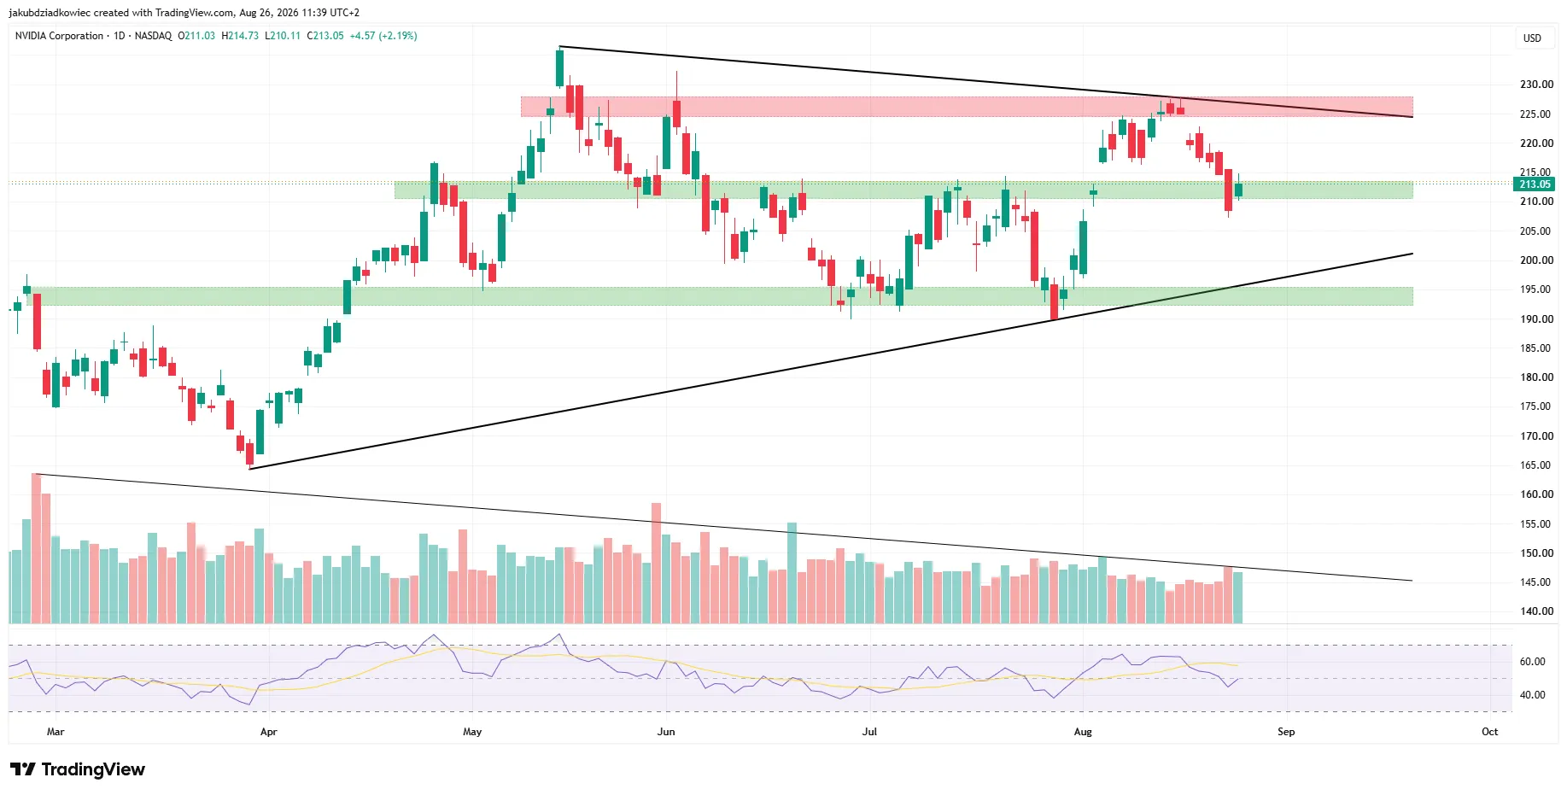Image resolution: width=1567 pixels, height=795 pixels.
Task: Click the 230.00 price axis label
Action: tap(1536, 85)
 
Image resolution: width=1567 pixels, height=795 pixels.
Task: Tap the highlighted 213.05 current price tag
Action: tap(1535, 184)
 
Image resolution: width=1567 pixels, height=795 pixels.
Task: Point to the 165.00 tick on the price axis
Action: tap(1536, 465)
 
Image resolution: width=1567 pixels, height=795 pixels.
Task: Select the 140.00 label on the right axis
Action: tap(1536, 611)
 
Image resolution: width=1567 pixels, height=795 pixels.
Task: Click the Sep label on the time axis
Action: tap(1286, 732)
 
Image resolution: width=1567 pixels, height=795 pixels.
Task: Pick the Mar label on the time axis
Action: tap(56, 732)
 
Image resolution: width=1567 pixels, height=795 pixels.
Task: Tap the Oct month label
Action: tap(1489, 732)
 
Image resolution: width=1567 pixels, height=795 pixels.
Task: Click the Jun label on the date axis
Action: tap(666, 732)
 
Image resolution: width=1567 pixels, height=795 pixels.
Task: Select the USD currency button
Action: tap(1533, 38)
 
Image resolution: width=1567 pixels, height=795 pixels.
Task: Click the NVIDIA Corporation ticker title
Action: tap(59, 36)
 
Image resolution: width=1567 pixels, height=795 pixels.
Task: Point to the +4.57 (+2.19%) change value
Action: tap(383, 36)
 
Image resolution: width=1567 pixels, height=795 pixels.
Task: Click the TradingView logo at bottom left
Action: tap(78, 769)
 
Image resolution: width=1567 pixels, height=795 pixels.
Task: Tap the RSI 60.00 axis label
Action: tap(1532, 662)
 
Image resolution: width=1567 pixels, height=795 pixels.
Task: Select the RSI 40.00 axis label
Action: tap(1532, 695)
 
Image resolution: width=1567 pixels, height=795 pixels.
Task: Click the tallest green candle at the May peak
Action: tap(559, 67)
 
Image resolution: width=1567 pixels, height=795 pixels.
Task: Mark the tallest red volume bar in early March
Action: tap(36, 548)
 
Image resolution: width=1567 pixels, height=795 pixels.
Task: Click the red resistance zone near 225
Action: tap(967, 107)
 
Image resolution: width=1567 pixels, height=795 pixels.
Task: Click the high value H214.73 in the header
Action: tap(240, 36)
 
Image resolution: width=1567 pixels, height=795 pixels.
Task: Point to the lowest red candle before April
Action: tap(249, 453)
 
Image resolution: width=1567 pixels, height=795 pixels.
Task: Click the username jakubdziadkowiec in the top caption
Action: tap(50, 13)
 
